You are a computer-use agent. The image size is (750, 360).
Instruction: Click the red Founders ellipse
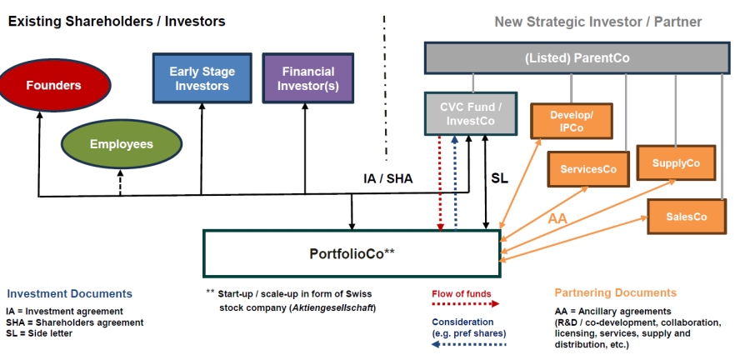(54, 85)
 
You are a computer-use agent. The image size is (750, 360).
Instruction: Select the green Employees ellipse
(121, 144)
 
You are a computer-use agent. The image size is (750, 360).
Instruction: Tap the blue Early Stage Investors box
(202, 78)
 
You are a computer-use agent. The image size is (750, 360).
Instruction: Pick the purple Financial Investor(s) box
(307, 78)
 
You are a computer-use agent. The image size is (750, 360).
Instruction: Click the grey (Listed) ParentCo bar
(577, 58)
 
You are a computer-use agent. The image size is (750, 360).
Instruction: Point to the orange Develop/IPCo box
(571, 120)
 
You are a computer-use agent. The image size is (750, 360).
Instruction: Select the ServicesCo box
(587, 169)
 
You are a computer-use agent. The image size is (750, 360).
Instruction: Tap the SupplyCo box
(676, 163)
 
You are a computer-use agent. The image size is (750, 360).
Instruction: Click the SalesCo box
(686, 217)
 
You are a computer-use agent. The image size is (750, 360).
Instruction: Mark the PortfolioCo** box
(353, 253)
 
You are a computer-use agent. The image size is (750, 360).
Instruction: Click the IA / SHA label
(387, 178)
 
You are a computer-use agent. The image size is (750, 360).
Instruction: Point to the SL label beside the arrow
(499, 178)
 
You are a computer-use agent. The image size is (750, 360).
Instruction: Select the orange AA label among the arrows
(558, 219)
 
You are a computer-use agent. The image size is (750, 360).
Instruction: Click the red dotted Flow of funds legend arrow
(459, 306)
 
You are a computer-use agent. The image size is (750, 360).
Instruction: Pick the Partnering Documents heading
(615, 292)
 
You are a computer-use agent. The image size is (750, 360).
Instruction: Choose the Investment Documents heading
(69, 293)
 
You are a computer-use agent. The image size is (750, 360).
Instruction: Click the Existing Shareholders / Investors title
(117, 21)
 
